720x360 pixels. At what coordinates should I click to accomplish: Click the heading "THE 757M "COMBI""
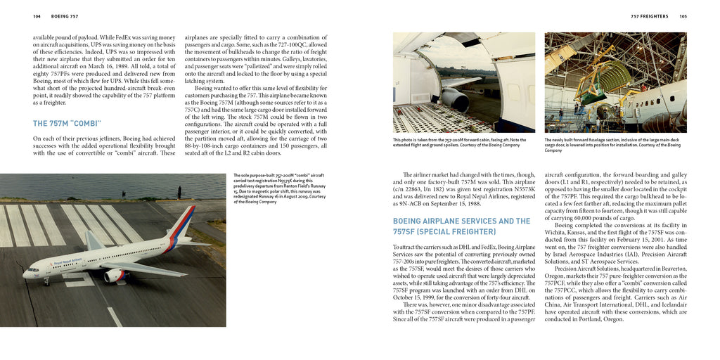[x=67, y=123]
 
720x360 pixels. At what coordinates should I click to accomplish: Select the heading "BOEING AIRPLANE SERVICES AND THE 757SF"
[x=461, y=226]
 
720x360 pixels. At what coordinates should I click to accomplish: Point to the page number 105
[x=683, y=16]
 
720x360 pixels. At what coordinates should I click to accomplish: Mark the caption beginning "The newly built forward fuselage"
[x=612, y=145]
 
